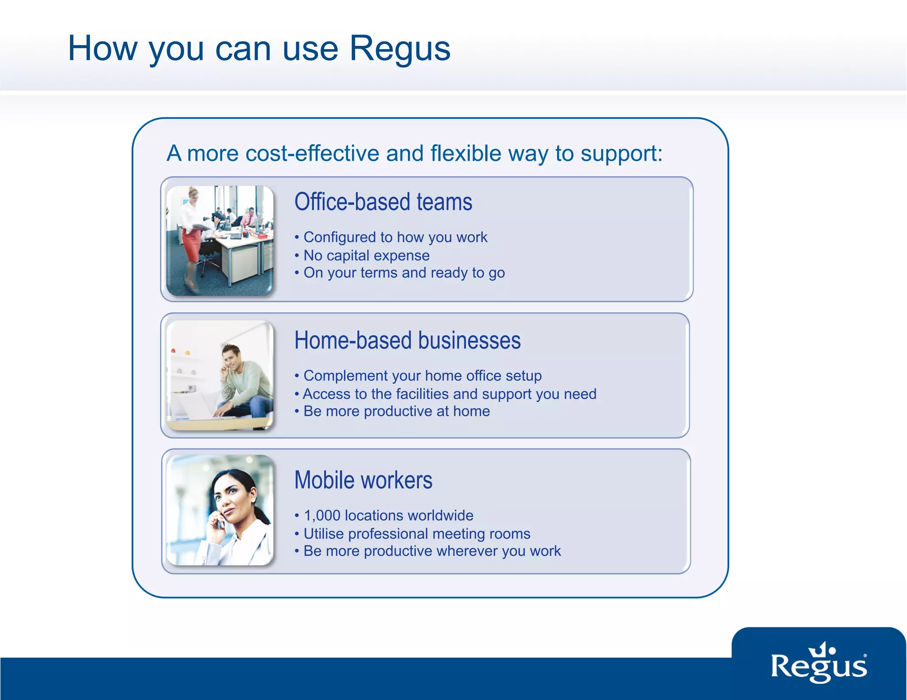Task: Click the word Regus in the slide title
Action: coord(399,49)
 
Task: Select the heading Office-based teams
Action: coord(383,202)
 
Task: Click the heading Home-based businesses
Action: coord(407,341)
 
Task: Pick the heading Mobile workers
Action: coord(363,480)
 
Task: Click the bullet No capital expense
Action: coord(366,255)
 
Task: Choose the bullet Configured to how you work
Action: coord(395,237)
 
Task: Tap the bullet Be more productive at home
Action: coord(396,411)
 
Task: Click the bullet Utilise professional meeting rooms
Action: coord(417,534)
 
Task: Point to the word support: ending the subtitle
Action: coord(621,154)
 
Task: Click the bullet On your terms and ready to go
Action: coord(404,273)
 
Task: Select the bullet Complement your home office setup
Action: coord(422,376)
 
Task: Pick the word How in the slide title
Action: coord(102,49)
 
